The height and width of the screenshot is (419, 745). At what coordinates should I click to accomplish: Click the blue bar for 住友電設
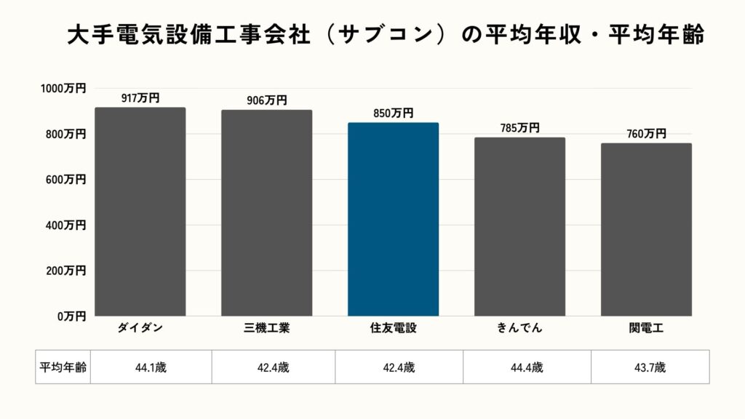(393, 219)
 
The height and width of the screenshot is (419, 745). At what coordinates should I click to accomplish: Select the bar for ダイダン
(140, 212)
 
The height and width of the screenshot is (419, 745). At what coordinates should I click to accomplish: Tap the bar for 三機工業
(266, 213)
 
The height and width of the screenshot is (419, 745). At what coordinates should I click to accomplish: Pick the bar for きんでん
(519, 226)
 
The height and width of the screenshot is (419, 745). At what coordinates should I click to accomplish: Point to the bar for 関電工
(646, 229)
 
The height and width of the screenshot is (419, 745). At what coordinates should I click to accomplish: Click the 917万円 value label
(140, 98)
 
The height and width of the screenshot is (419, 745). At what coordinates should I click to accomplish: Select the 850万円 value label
(393, 113)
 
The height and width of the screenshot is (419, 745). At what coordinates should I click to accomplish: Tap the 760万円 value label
(646, 134)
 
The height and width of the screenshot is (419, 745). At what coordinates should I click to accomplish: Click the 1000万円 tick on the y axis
(63, 88)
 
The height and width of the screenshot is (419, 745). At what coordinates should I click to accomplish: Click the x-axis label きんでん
(519, 328)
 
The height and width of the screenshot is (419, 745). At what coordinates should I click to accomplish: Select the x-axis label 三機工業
(266, 328)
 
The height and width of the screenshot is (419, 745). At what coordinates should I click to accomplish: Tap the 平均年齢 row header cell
(63, 367)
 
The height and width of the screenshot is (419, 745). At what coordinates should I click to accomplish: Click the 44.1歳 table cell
(151, 367)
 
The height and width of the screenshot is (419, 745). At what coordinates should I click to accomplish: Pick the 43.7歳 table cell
(650, 367)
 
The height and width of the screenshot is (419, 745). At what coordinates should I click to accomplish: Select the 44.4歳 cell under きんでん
(527, 367)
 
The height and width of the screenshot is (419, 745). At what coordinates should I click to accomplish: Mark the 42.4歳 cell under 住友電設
(399, 367)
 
